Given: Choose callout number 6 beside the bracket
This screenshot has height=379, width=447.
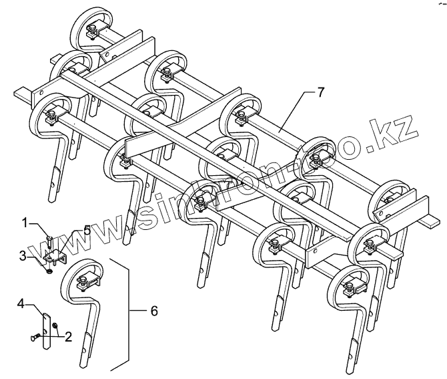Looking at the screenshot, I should click(x=155, y=311).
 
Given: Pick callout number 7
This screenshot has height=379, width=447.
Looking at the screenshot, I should click(x=321, y=92).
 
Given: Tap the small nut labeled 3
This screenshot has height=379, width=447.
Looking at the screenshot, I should click(x=48, y=269).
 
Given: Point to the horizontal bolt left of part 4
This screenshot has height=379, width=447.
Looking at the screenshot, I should click(x=35, y=338).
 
